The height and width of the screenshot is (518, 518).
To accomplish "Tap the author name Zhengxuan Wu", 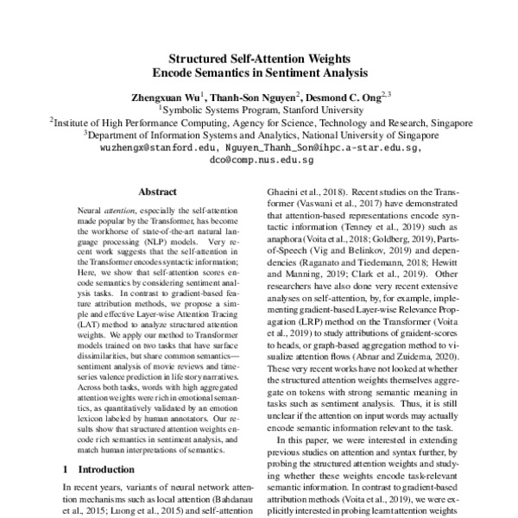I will (x=164, y=96).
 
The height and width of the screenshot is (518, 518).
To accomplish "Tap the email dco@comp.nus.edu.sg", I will (x=260, y=161).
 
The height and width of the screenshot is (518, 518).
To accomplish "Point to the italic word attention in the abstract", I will (x=119, y=210).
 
